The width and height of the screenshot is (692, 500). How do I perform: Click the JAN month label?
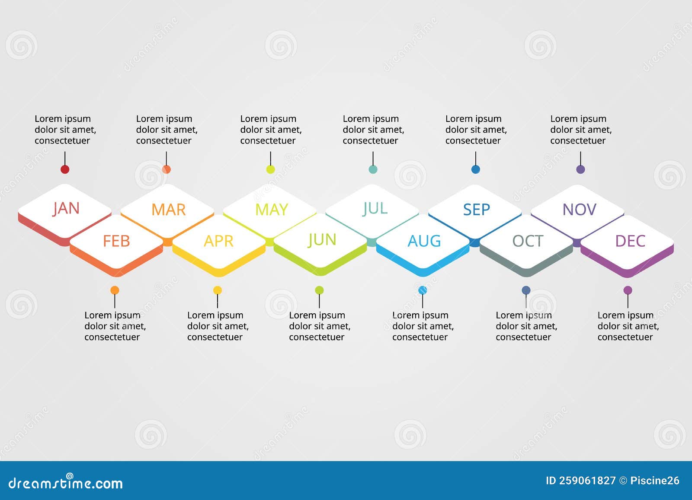tap(66, 208)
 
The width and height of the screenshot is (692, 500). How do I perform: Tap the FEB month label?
tap(116, 241)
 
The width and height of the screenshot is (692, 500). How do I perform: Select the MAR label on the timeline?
tap(168, 210)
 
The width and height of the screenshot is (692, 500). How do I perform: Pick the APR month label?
tap(218, 241)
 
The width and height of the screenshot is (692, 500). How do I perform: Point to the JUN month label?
tap(322, 240)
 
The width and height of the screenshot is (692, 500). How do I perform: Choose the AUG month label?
tap(424, 241)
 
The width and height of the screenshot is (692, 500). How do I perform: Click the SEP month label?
tap(476, 210)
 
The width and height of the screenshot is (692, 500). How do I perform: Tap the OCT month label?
tap(527, 241)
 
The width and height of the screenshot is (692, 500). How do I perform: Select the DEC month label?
tap(630, 241)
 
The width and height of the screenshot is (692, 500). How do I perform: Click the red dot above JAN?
tap(65, 169)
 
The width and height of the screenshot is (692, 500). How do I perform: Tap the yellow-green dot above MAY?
tap(270, 169)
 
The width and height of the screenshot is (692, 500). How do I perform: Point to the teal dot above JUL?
tap(373, 169)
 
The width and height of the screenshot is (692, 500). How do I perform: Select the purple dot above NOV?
tap(580, 169)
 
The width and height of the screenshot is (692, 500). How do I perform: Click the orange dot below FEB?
tap(115, 290)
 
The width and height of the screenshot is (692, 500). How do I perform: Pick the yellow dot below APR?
tap(218, 290)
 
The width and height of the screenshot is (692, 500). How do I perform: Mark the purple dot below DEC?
tap(628, 290)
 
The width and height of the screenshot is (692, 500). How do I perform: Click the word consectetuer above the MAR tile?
tap(163, 140)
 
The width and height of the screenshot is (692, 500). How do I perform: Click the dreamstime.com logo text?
tap(66, 483)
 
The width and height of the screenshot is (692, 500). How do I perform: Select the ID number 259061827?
tap(587, 481)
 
